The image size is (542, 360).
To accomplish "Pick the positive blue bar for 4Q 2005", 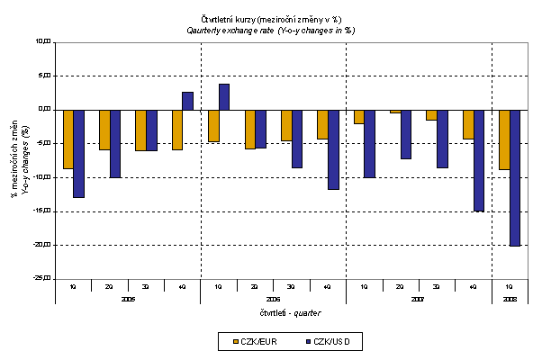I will tap(187, 101).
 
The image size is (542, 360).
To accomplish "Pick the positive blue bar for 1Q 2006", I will tap(224, 96).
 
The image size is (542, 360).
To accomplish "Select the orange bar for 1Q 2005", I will tap(68, 139).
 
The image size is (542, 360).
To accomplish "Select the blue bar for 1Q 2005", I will tap(79, 153).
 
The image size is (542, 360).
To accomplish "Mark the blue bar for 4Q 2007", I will tap(479, 160).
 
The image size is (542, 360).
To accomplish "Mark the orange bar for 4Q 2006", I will tap(322, 124).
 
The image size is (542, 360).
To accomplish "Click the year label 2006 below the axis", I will tap(273, 298).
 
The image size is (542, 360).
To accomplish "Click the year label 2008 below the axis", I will tap(510, 298).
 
